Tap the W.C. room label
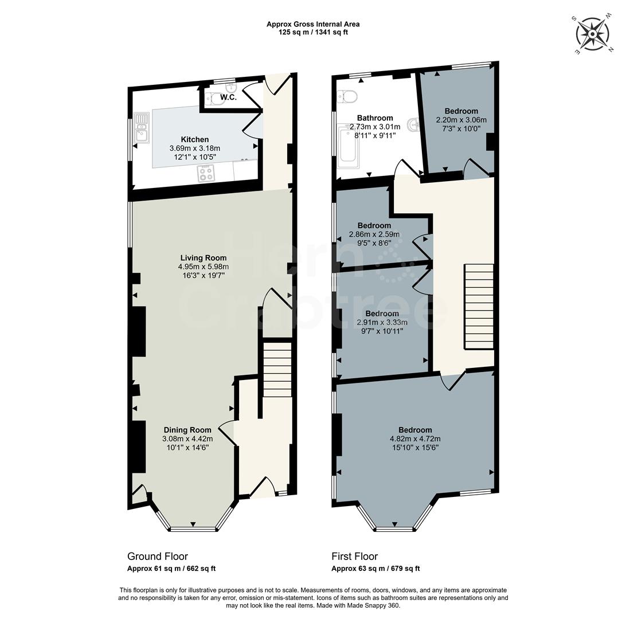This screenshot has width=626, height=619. [x=220, y=98]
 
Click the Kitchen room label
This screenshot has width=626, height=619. [x=195, y=139]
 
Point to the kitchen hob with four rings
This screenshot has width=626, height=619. [x=206, y=171]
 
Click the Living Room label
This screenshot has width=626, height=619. [x=203, y=258]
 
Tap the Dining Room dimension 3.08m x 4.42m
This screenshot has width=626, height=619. [x=187, y=439]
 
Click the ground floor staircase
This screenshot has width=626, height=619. [x=277, y=370]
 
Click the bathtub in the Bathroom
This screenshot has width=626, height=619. [x=348, y=147]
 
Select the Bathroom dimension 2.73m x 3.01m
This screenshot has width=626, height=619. [x=375, y=127]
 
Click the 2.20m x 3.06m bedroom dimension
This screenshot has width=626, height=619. [x=461, y=120]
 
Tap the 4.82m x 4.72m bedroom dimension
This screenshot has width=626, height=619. [x=415, y=439]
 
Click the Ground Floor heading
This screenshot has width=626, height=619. [x=157, y=557]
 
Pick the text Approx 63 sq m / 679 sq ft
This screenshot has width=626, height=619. [x=375, y=569]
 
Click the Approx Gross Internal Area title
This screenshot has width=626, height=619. [x=313, y=24]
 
